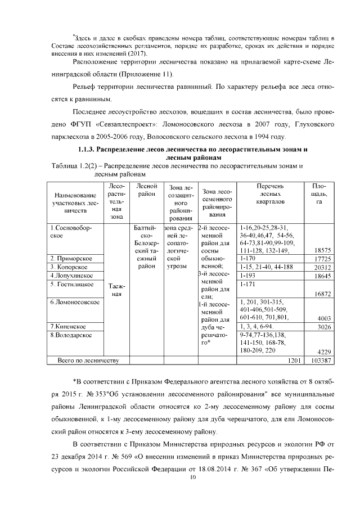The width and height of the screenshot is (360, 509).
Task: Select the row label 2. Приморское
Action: [x=71, y=258]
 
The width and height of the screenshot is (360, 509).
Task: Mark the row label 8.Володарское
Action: [x=72, y=335]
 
